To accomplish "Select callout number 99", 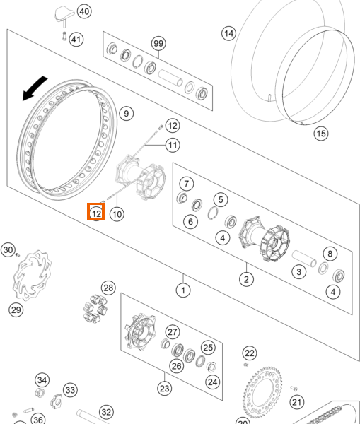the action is tap(158, 44).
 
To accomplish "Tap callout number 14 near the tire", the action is tap(229, 33).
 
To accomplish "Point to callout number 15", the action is tap(321, 134).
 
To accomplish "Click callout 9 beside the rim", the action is tap(127, 114).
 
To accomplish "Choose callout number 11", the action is tap(173, 145).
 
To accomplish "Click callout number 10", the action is tap(117, 214).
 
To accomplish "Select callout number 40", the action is tap(84, 11).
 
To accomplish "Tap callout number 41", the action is tap(76, 40).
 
